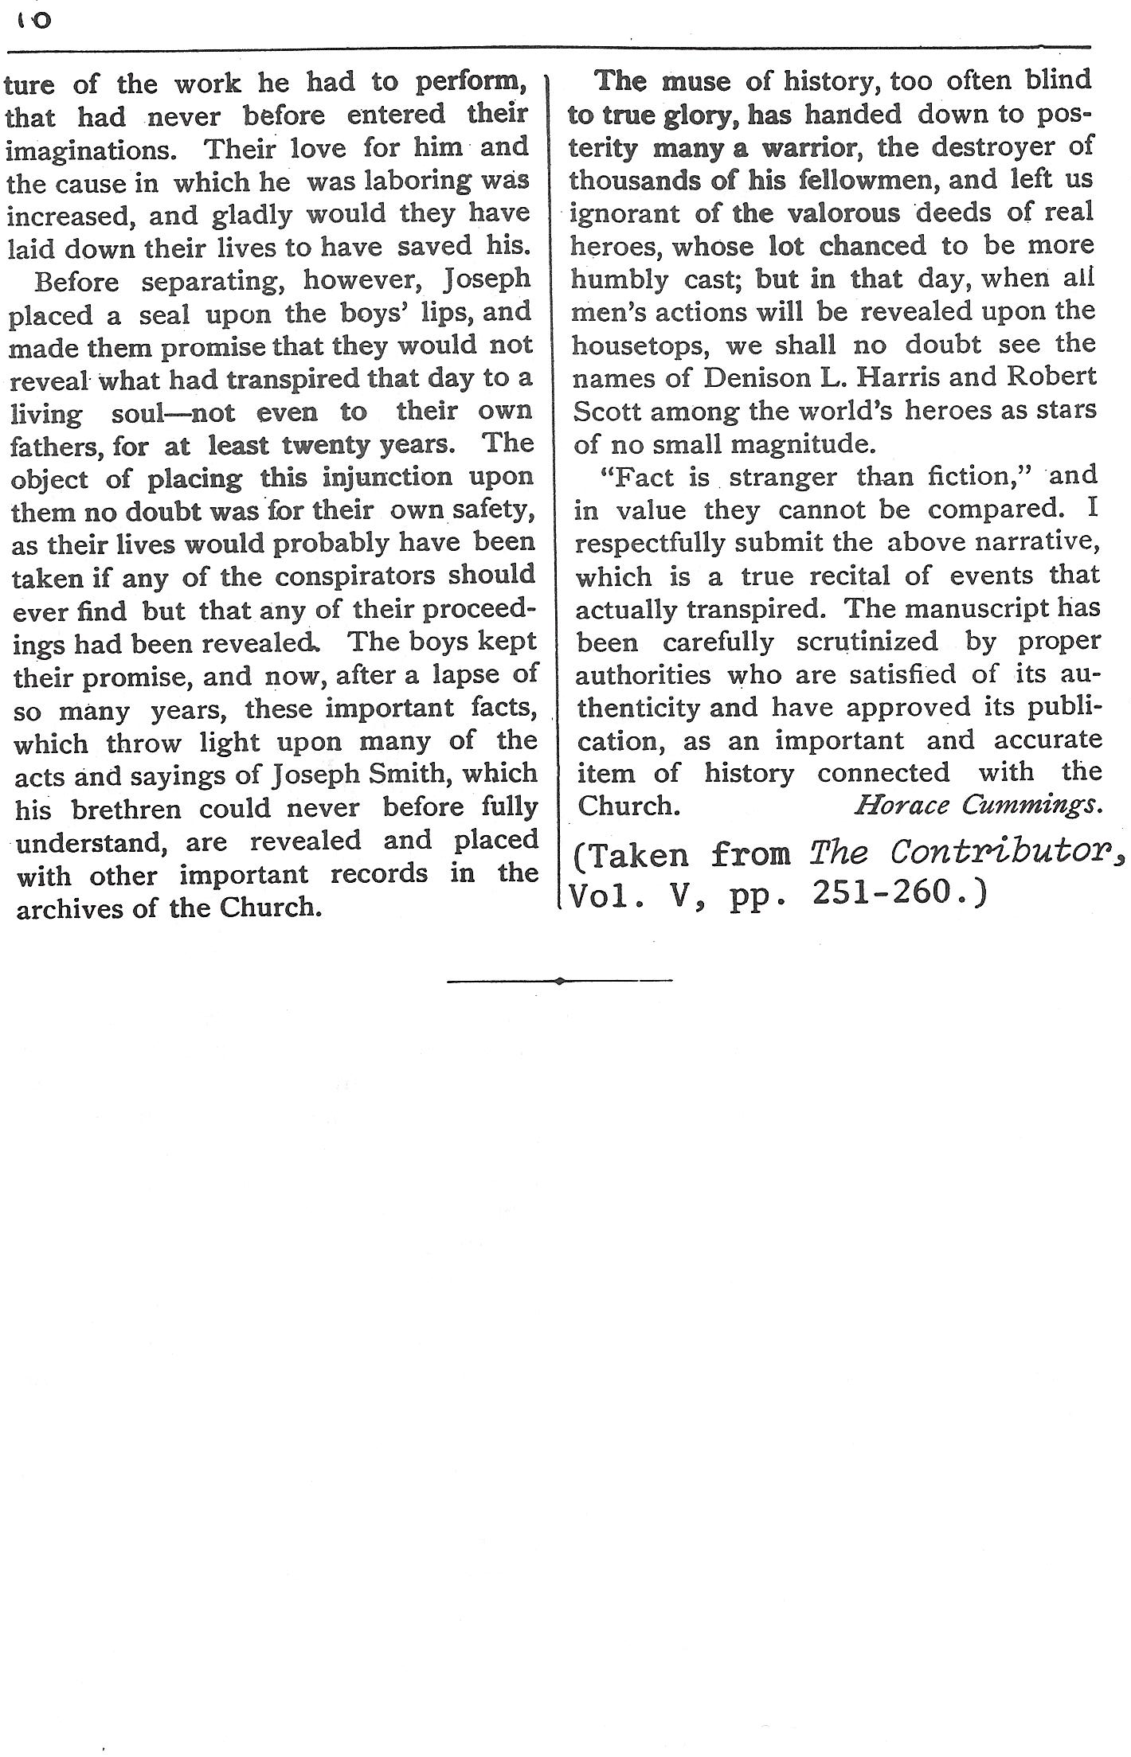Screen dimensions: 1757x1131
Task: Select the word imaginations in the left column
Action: point(87,150)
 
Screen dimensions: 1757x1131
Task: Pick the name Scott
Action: point(606,411)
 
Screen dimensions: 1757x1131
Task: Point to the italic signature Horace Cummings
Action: point(979,806)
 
